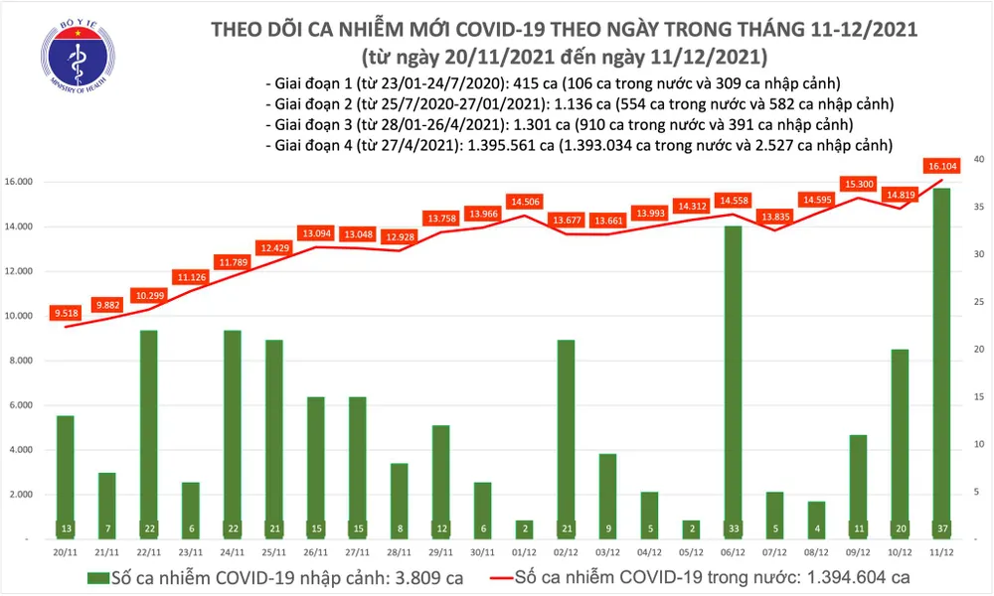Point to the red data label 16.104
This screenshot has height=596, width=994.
tap(939, 167)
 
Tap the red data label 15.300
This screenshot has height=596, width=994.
tap(857, 184)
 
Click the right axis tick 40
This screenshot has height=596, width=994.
tap(979, 159)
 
